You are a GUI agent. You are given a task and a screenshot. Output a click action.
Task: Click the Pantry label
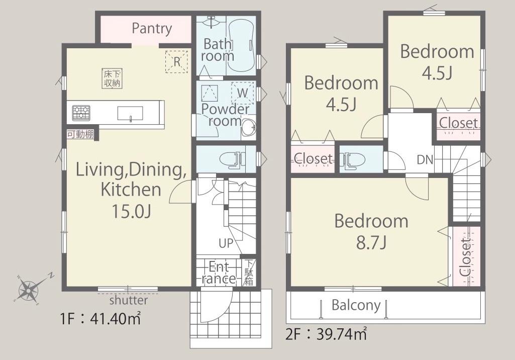pos(152,29)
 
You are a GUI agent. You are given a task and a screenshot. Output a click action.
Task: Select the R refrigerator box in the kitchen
pos(177,61)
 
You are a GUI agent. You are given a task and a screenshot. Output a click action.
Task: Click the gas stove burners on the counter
pos(81,113)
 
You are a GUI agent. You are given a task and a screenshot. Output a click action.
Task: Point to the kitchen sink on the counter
pos(131,114)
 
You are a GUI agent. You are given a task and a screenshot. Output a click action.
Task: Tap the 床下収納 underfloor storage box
pos(112,78)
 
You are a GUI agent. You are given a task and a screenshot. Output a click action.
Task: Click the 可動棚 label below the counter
pos(80,134)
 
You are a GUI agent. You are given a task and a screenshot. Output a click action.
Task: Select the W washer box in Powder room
pos(243,93)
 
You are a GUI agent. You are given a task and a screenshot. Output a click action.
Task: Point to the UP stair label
pos(226,243)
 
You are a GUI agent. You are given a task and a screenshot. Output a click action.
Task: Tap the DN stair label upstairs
pos(425,160)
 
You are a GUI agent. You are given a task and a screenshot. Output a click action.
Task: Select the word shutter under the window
pos(129,300)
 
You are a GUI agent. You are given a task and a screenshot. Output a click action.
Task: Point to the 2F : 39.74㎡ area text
pos(326,335)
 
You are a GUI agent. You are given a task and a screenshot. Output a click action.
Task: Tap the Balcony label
pos(356,305)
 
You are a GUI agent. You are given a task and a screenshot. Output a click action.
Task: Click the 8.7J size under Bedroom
pos(371,243)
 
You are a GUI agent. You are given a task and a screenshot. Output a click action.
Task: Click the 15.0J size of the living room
pos(131,211)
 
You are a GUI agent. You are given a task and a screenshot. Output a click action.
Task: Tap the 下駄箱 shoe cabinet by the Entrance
pos(249,273)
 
